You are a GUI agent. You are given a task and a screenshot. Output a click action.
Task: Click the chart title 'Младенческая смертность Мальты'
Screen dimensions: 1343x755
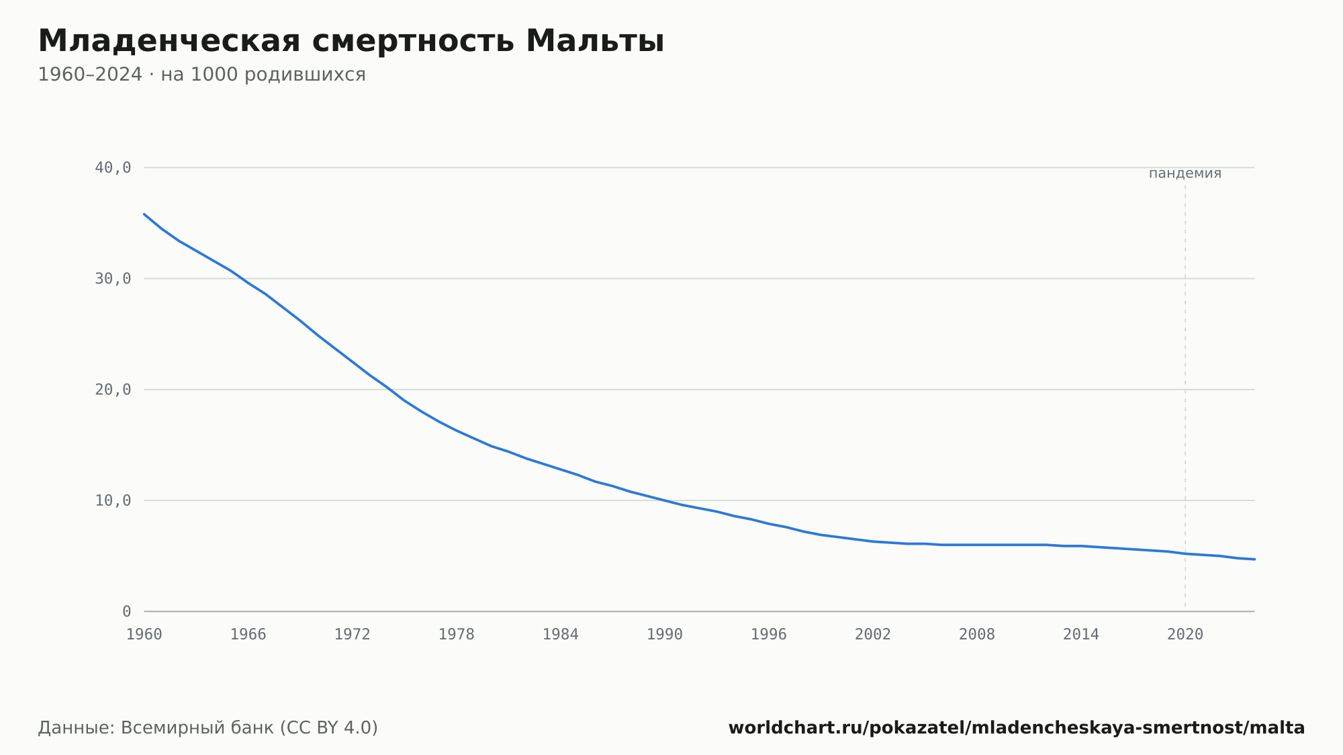tap(351, 41)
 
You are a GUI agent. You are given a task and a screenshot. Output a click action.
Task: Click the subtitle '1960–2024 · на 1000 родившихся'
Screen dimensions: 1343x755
tap(201, 75)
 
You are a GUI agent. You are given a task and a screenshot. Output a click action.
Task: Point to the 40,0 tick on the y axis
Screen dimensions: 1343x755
tap(113, 168)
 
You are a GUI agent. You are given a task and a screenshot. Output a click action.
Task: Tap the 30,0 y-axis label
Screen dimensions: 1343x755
tap(113, 279)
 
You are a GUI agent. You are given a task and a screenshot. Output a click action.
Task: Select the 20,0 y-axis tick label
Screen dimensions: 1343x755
tap(113, 390)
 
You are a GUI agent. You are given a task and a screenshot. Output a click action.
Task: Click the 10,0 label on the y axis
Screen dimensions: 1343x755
tap(113, 500)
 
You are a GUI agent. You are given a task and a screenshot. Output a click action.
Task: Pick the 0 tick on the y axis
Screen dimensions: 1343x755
tap(126, 611)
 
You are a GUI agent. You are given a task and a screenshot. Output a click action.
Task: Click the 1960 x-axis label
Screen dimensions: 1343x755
tap(144, 635)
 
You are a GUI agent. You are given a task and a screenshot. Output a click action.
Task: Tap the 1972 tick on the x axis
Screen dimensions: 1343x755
tap(353, 635)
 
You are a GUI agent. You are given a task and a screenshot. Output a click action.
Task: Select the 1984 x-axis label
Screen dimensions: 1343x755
tap(561, 635)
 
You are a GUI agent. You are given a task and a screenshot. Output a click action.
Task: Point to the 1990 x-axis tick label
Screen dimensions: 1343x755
tap(665, 635)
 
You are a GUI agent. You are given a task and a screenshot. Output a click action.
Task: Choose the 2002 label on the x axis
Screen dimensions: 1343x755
tap(873, 635)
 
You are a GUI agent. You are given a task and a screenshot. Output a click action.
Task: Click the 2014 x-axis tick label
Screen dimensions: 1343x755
tap(1081, 635)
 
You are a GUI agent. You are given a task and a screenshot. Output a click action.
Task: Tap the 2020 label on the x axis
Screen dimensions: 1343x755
tap(1185, 635)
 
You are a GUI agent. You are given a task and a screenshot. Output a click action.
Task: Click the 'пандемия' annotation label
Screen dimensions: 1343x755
tap(1185, 173)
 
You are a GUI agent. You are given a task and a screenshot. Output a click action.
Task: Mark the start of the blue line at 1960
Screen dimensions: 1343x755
tap(144, 214)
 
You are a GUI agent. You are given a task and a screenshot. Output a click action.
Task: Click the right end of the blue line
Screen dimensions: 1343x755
tap(1254, 559)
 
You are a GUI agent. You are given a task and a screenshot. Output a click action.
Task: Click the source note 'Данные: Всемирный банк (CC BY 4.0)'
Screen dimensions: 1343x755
tap(208, 728)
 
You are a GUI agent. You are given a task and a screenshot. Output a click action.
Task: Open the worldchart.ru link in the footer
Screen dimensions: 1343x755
tap(1017, 728)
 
